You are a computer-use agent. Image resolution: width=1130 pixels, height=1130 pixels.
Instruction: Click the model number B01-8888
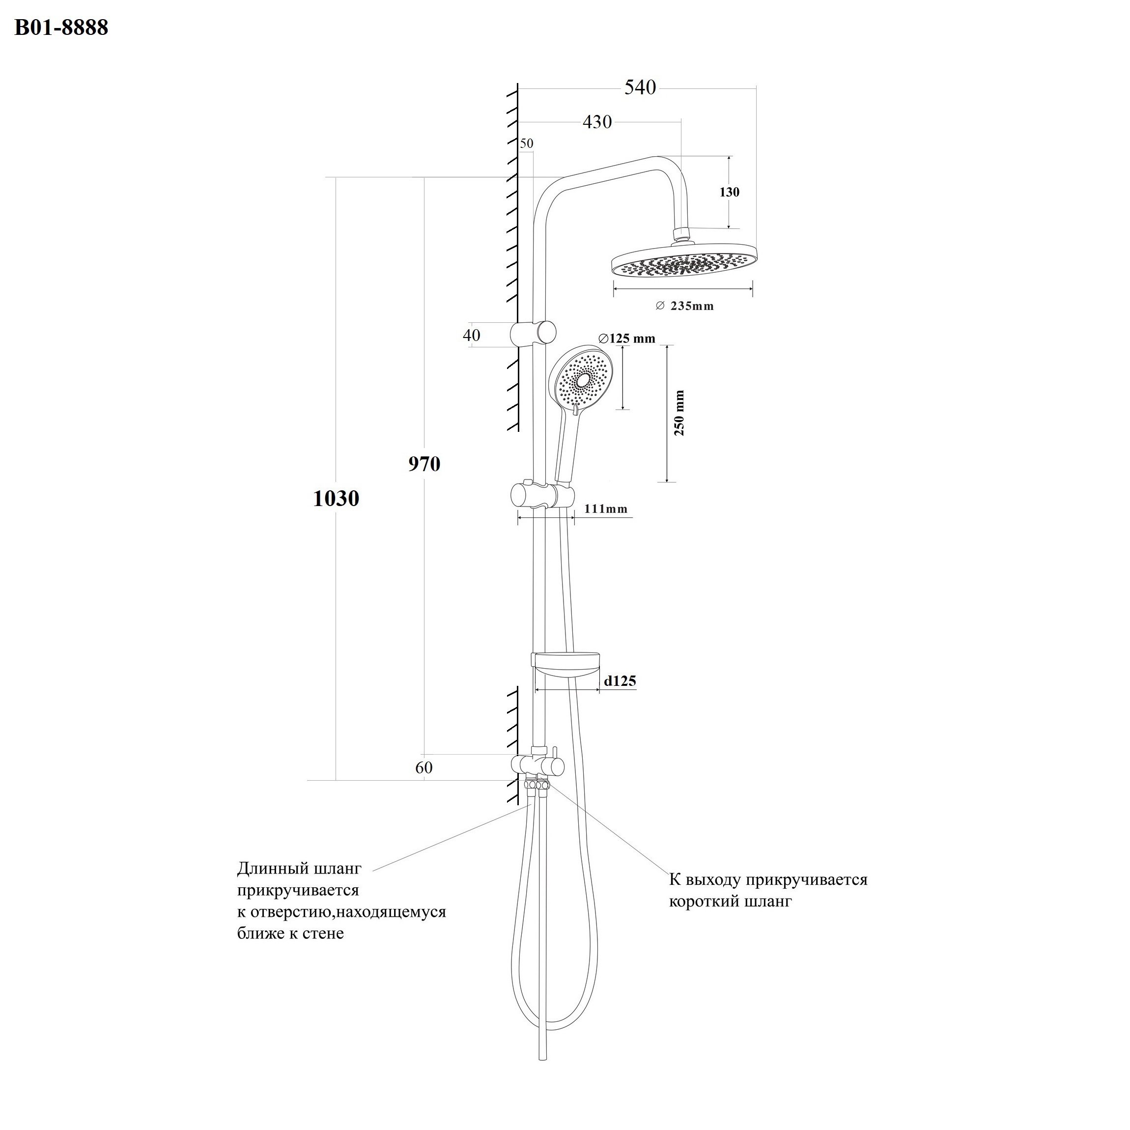pyautogui.click(x=61, y=28)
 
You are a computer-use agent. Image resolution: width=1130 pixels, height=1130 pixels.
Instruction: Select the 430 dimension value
pyautogui.click(x=597, y=122)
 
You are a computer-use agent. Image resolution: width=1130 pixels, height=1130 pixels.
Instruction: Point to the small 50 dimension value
pyautogui.click(x=526, y=143)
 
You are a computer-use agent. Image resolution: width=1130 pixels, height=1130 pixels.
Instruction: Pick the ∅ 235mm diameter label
pyautogui.click(x=684, y=306)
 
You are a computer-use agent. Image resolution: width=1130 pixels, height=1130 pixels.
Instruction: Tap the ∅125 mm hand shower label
pyautogui.click(x=626, y=338)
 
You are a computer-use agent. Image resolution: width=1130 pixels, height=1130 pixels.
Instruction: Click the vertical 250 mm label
pyautogui.click(x=679, y=413)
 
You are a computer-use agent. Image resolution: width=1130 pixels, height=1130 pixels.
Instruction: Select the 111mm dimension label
pyautogui.click(x=606, y=509)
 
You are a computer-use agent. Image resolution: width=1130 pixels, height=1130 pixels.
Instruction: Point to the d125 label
pyautogui.click(x=620, y=681)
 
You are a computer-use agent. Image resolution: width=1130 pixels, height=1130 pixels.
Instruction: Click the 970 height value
pyautogui.click(x=424, y=464)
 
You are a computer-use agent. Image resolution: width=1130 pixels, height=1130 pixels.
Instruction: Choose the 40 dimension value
pyautogui.click(x=472, y=335)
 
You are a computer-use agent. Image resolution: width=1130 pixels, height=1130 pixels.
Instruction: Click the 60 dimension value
pyautogui.click(x=424, y=767)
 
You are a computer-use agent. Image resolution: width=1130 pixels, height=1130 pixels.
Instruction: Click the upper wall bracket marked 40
pyautogui.click(x=533, y=334)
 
